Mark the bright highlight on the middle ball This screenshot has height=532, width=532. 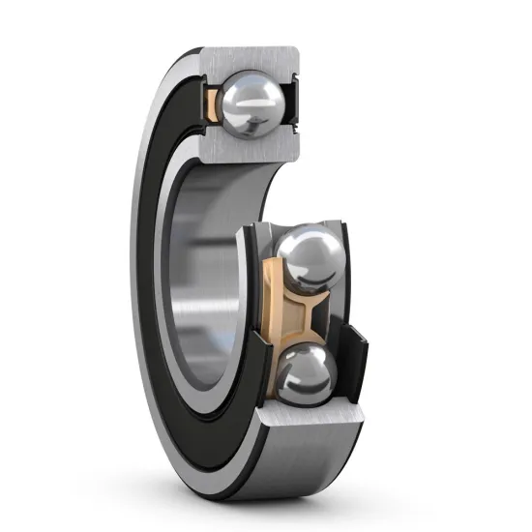click(300, 247)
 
